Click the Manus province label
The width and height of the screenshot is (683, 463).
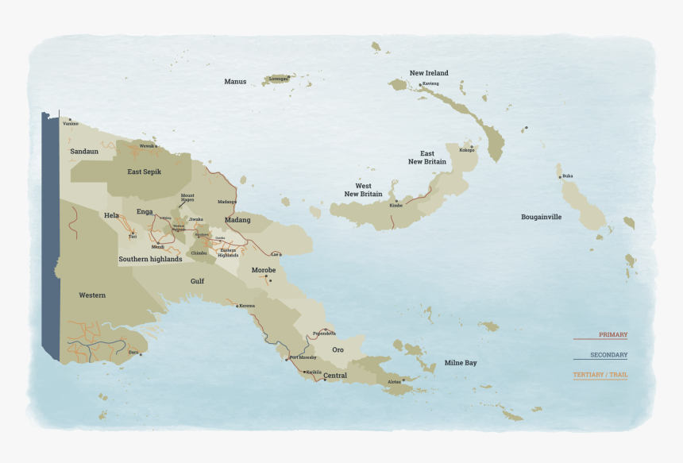tap(235, 81)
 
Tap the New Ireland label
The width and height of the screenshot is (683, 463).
tap(429, 73)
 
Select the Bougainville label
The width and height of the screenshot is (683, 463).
tap(541, 216)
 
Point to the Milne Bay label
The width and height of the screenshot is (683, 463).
tap(461, 362)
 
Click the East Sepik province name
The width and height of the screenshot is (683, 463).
tap(145, 171)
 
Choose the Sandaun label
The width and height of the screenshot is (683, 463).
tap(84, 151)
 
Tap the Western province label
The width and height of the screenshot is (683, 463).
tap(92, 295)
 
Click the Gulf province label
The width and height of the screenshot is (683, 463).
tap(197, 281)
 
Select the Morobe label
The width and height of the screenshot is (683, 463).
tap(264, 270)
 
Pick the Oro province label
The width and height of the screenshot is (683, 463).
tap(338, 349)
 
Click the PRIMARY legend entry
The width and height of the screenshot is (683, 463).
tap(612, 334)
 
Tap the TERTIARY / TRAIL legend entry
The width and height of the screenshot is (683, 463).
tap(600, 375)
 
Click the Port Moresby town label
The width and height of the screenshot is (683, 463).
tap(303, 357)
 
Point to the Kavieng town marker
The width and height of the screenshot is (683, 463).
tap(421, 84)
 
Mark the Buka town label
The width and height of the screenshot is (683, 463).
tap(567, 176)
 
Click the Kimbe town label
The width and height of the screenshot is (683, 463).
tap(396, 205)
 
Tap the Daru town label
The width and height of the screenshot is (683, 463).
tap(133, 351)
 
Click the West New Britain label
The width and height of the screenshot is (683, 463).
tap(363, 190)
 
